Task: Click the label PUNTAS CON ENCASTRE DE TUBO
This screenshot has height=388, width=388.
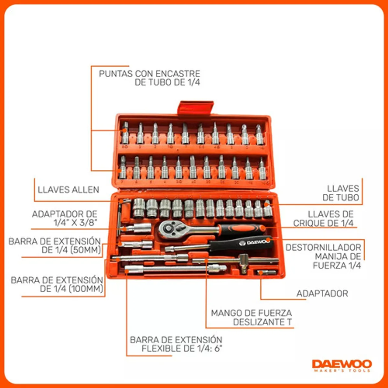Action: tap(149, 78)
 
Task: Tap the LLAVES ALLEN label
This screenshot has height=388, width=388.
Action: tap(68, 189)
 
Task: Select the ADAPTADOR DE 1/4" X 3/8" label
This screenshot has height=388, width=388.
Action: tap(65, 218)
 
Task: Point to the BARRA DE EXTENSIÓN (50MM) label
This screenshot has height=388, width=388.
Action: tap(55, 246)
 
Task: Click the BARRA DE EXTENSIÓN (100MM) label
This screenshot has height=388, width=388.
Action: tap(57, 285)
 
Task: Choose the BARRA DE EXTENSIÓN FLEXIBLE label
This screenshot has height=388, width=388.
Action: tap(176, 344)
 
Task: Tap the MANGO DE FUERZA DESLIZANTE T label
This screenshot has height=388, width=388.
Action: tap(251, 318)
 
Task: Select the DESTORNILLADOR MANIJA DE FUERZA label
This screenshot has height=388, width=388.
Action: tap(323, 256)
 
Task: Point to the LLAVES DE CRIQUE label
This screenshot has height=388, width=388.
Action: tap(323, 219)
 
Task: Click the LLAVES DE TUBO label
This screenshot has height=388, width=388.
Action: tap(341, 193)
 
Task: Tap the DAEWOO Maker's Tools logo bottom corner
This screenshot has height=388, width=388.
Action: tap(342, 366)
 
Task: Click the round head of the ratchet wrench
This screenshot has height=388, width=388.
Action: tap(168, 229)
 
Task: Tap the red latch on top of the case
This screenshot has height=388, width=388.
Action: tap(195, 107)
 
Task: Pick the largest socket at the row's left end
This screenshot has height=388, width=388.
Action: tap(139, 208)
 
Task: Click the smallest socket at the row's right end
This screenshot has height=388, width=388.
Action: tap(268, 209)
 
